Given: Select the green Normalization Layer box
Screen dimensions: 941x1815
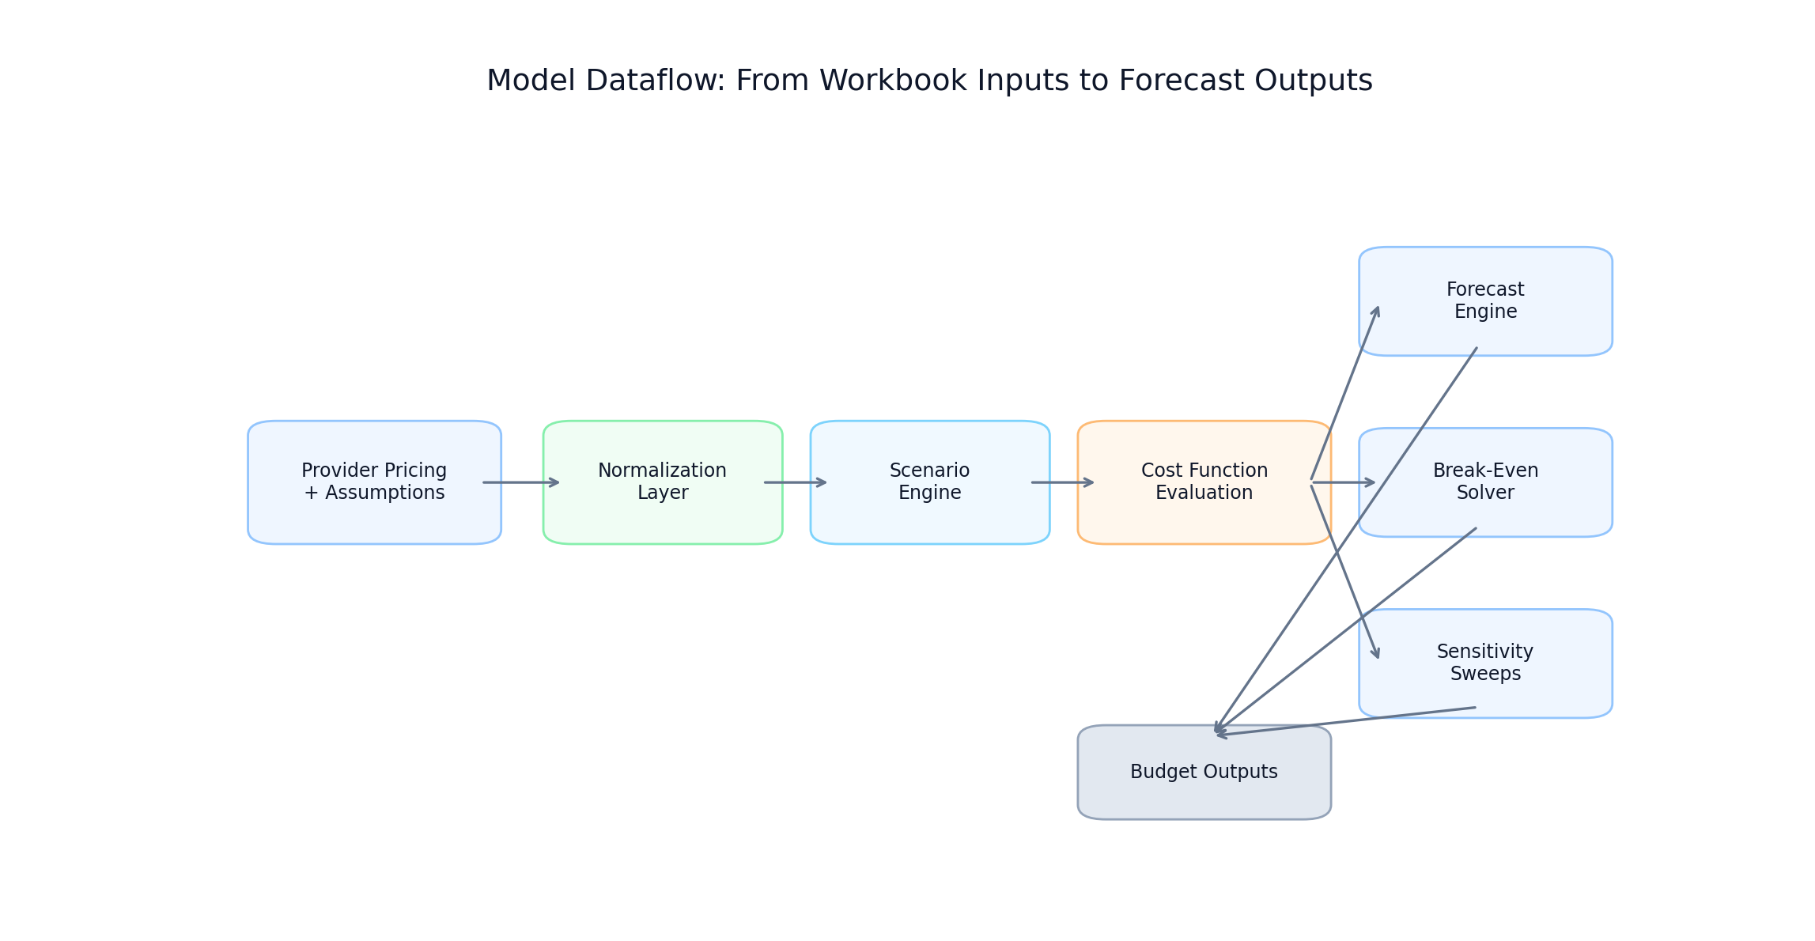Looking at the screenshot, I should (x=662, y=518).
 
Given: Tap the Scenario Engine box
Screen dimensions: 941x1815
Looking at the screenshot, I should (x=929, y=518).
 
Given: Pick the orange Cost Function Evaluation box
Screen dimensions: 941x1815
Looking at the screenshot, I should (x=1203, y=518).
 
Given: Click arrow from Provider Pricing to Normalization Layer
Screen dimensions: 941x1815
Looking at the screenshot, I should (x=520, y=482).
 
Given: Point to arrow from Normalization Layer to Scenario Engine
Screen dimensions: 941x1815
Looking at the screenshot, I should (x=795, y=482).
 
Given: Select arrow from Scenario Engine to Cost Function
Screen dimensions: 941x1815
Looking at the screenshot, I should (x=1062, y=482).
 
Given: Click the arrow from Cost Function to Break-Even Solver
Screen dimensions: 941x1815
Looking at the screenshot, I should (x=1343, y=482).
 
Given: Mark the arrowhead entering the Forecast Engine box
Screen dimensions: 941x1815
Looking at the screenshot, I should (x=1377, y=311).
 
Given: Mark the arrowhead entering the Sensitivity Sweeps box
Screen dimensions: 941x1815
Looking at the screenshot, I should (x=1377, y=654).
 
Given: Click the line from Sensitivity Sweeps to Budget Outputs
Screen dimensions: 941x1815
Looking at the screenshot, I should (x=1344, y=722).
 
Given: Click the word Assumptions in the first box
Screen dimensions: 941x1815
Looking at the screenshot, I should (x=384, y=493).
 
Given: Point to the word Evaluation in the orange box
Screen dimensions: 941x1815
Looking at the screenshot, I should (x=1203, y=493).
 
